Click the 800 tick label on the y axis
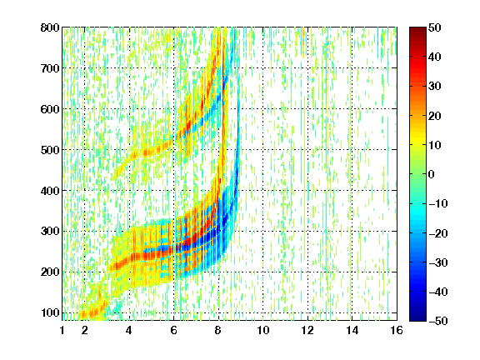pyautogui.click(x=50, y=27)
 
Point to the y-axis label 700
pyautogui.click(x=50, y=68)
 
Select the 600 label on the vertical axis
pyautogui.click(x=50, y=109)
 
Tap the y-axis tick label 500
pyautogui.click(x=50, y=150)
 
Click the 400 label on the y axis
pyautogui.click(x=50, y=191)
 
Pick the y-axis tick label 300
pyautogui.click(x=50, y=231)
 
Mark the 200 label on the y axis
pyautogui.click(x=50, y=272)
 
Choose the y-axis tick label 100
pyautogui.click(x=50, y=312)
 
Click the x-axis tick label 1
pyautogui.click(x=62, y=330)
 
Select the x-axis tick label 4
pyautogui.click(x=129, y=330)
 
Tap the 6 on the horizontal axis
pyautogui.click(x=173, y=330)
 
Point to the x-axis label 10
pyautogui.click(x=262, y=330)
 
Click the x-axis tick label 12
pyautogui.click(x=307, y=330)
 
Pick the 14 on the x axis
pyautogui.click(x=352, y=330)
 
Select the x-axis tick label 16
pyautogui.click(x=397, y=330)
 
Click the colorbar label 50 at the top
pyautogui.click(x=434, y=27)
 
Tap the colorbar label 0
pyautogui.click(x=432, y=174)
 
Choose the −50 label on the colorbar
pyautogui.click(x=438, y=321)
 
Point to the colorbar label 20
pyautogui.click(x=434, y=116)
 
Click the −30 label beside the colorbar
pyautogui.click(x=438, y=262)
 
